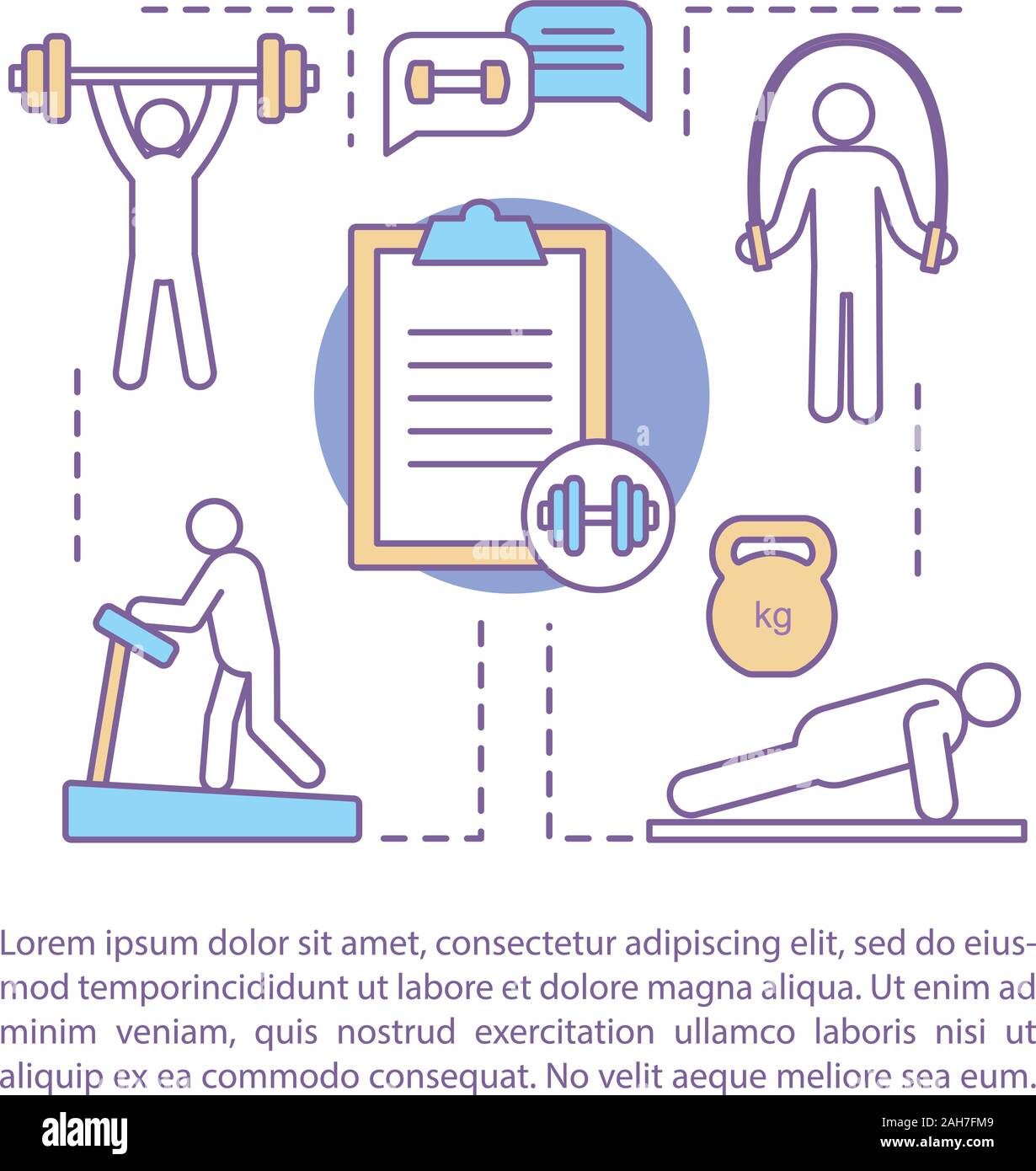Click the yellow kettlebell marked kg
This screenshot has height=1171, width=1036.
click(x=772, y=615)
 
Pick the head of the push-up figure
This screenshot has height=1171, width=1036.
click(x=991, y=692)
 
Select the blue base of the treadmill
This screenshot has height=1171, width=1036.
click(x=213, y=812)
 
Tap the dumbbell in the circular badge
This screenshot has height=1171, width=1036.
click(x=598, y=514)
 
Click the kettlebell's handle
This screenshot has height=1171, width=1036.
click(x=772, y=550)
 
